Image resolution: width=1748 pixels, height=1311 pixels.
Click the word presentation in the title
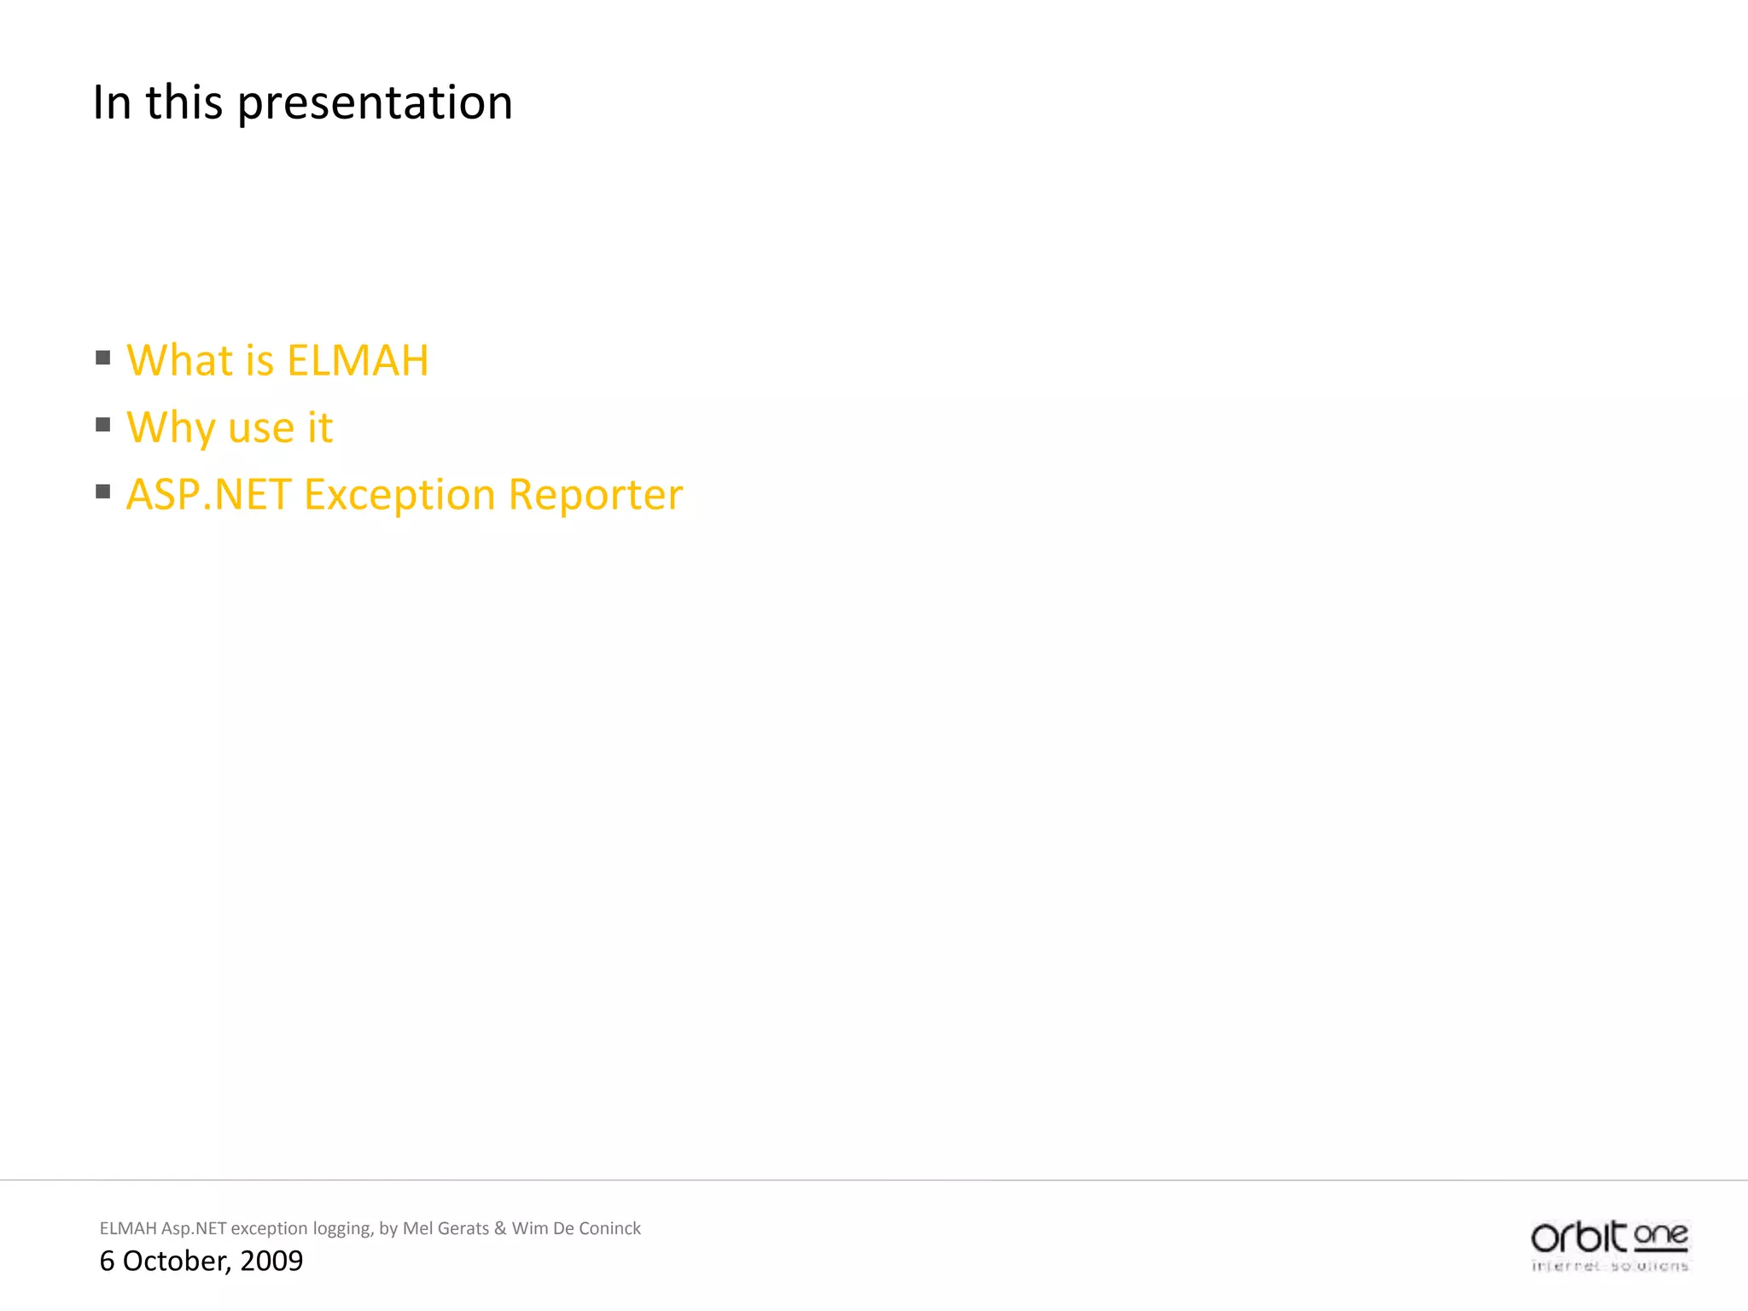click(375, 103)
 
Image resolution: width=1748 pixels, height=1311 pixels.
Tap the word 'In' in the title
click(111, 102)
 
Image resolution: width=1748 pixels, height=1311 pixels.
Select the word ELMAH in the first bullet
click(358, 360)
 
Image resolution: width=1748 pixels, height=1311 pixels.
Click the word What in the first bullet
click(179, 360)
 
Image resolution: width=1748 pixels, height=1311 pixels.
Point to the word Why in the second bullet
click(170, 428)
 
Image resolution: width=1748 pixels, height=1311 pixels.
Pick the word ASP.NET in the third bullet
click(208, 495)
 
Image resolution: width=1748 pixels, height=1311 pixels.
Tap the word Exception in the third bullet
click(399, 495)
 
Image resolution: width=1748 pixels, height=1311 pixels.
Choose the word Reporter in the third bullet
click(596, 495)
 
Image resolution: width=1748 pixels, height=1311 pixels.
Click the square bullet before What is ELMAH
click(103, 358)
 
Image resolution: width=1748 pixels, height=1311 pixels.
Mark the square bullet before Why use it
click(103, 424)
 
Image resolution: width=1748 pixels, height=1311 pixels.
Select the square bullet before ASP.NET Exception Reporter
click(103, 491)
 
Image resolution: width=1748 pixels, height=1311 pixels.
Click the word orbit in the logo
click(1578, 1237)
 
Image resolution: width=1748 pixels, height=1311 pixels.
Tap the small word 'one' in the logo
click(1661, 1235)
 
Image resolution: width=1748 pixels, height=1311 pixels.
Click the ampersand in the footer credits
click(500, 1228)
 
